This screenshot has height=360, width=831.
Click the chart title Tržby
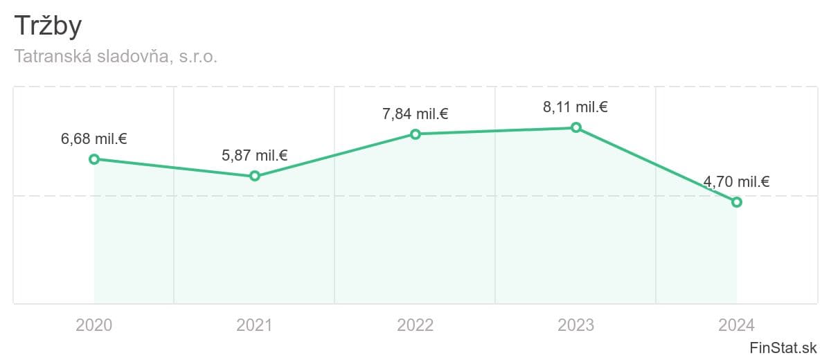[48, 26]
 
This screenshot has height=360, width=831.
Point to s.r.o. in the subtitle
[199, 57]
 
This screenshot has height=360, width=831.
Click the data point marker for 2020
[94, 159]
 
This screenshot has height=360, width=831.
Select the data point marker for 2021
[255, 176]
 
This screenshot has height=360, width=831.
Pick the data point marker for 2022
[415, 134]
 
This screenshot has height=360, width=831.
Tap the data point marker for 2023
[576, 127]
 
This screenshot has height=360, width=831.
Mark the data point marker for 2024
[737, 202]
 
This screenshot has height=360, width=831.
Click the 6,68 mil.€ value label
[94, 138]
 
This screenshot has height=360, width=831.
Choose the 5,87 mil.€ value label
[255, 155]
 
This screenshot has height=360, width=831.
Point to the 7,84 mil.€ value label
[415, 114]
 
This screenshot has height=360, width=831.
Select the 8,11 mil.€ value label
[576, 107]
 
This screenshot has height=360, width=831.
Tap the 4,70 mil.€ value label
[737, 182]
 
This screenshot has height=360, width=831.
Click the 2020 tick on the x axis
[94, 325]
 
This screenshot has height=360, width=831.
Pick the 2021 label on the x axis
[255, 325]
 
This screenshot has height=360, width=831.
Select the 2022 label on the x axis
[415, 325]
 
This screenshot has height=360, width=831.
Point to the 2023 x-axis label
[576, 325]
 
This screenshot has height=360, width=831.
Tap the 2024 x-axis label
[737, 325]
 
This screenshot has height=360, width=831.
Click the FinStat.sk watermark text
[784, 348]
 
